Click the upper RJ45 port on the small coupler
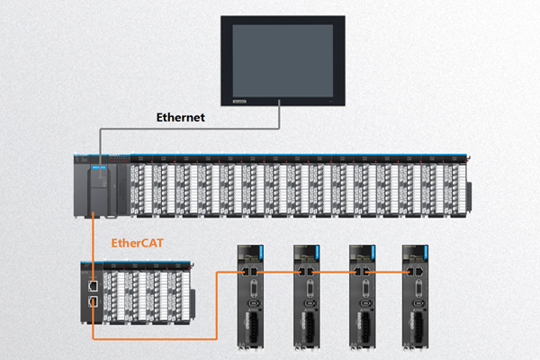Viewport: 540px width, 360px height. (x=94, y=283)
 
